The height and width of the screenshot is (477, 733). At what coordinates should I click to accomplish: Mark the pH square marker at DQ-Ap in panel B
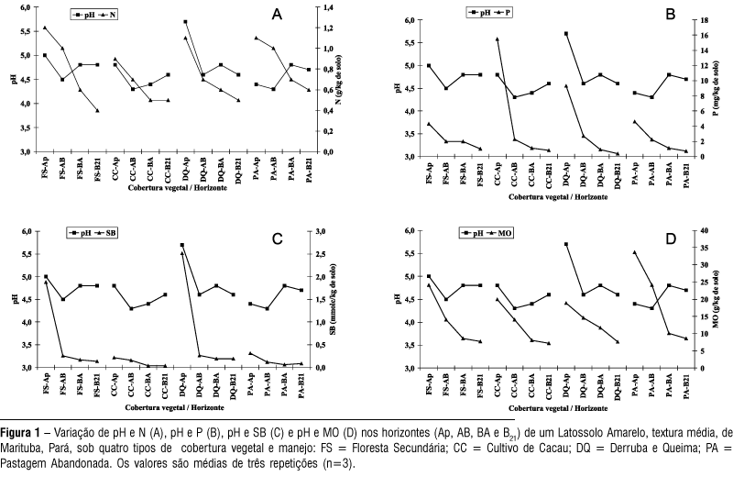point(566,34)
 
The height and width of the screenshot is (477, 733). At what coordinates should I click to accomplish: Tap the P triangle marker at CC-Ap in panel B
point(498,39)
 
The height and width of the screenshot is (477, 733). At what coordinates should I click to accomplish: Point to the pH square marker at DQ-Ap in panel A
point(185,22)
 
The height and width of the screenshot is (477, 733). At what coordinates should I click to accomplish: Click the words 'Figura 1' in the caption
point(20,430)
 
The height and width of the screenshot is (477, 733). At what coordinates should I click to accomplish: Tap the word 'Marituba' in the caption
point(21,447)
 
